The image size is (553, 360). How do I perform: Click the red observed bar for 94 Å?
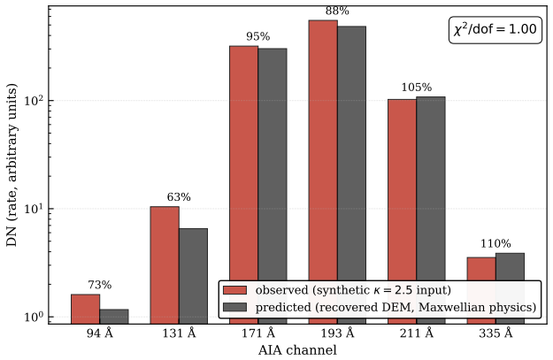85,309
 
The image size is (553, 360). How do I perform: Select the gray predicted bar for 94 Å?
114,317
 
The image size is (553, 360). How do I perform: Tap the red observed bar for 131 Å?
165,265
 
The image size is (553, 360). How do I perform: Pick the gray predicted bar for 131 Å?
193,276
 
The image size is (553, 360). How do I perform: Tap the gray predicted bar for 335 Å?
511,266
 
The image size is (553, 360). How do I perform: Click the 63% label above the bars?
179,197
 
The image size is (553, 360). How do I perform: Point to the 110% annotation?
495,243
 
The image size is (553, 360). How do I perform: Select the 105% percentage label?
417,88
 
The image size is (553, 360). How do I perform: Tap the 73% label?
100,285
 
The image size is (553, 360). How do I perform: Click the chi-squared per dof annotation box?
495,30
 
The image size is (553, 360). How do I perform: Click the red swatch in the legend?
234,290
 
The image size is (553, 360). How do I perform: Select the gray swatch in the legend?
234,307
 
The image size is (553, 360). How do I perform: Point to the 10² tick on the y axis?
35,100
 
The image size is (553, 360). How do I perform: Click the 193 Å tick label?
337,333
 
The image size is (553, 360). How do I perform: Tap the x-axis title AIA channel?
297,350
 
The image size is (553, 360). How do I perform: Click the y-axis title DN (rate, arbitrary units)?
12,165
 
